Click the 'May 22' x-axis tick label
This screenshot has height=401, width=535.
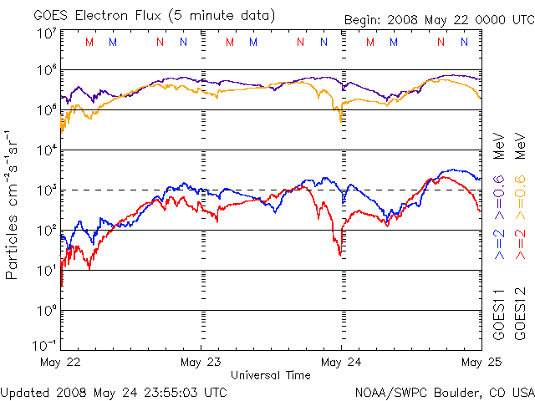click(60, 363)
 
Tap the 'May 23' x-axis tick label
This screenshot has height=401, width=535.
click(201, 363)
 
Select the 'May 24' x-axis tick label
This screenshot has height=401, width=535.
click(341, 363)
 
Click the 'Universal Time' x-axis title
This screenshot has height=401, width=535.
click(271, 375)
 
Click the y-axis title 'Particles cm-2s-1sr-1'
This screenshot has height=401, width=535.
click(13, 205)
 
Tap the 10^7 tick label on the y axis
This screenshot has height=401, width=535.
click(45, 33)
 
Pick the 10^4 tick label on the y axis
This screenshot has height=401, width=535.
click(45, 150)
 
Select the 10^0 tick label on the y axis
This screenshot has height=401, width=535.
click(45, 310)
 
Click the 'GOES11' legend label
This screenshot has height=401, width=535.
click(499, 314)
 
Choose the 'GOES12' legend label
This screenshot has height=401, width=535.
click(519, 314)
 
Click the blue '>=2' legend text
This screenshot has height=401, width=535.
click(499, 247)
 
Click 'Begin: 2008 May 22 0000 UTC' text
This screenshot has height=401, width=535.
click(438, 21)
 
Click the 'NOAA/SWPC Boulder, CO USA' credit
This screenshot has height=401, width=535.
click(444, 391)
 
